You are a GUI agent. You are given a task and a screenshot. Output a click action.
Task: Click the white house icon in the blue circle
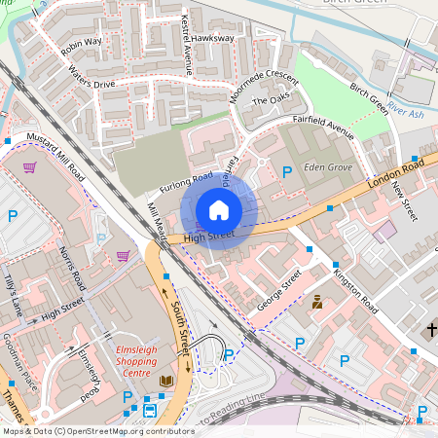pos(219,210)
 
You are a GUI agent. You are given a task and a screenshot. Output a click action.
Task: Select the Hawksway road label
pos(213,38)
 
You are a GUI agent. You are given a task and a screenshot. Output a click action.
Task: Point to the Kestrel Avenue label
pos(188,45)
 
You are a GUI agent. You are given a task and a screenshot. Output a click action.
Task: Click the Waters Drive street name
pos(91,78)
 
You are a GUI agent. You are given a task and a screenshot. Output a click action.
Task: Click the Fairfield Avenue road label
pos(323,130)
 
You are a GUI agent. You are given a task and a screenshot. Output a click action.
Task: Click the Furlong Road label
pos(188,183)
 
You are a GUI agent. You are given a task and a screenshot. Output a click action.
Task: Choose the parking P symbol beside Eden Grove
pos(286,172)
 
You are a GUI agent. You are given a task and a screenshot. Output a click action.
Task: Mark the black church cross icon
pos(432,331)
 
